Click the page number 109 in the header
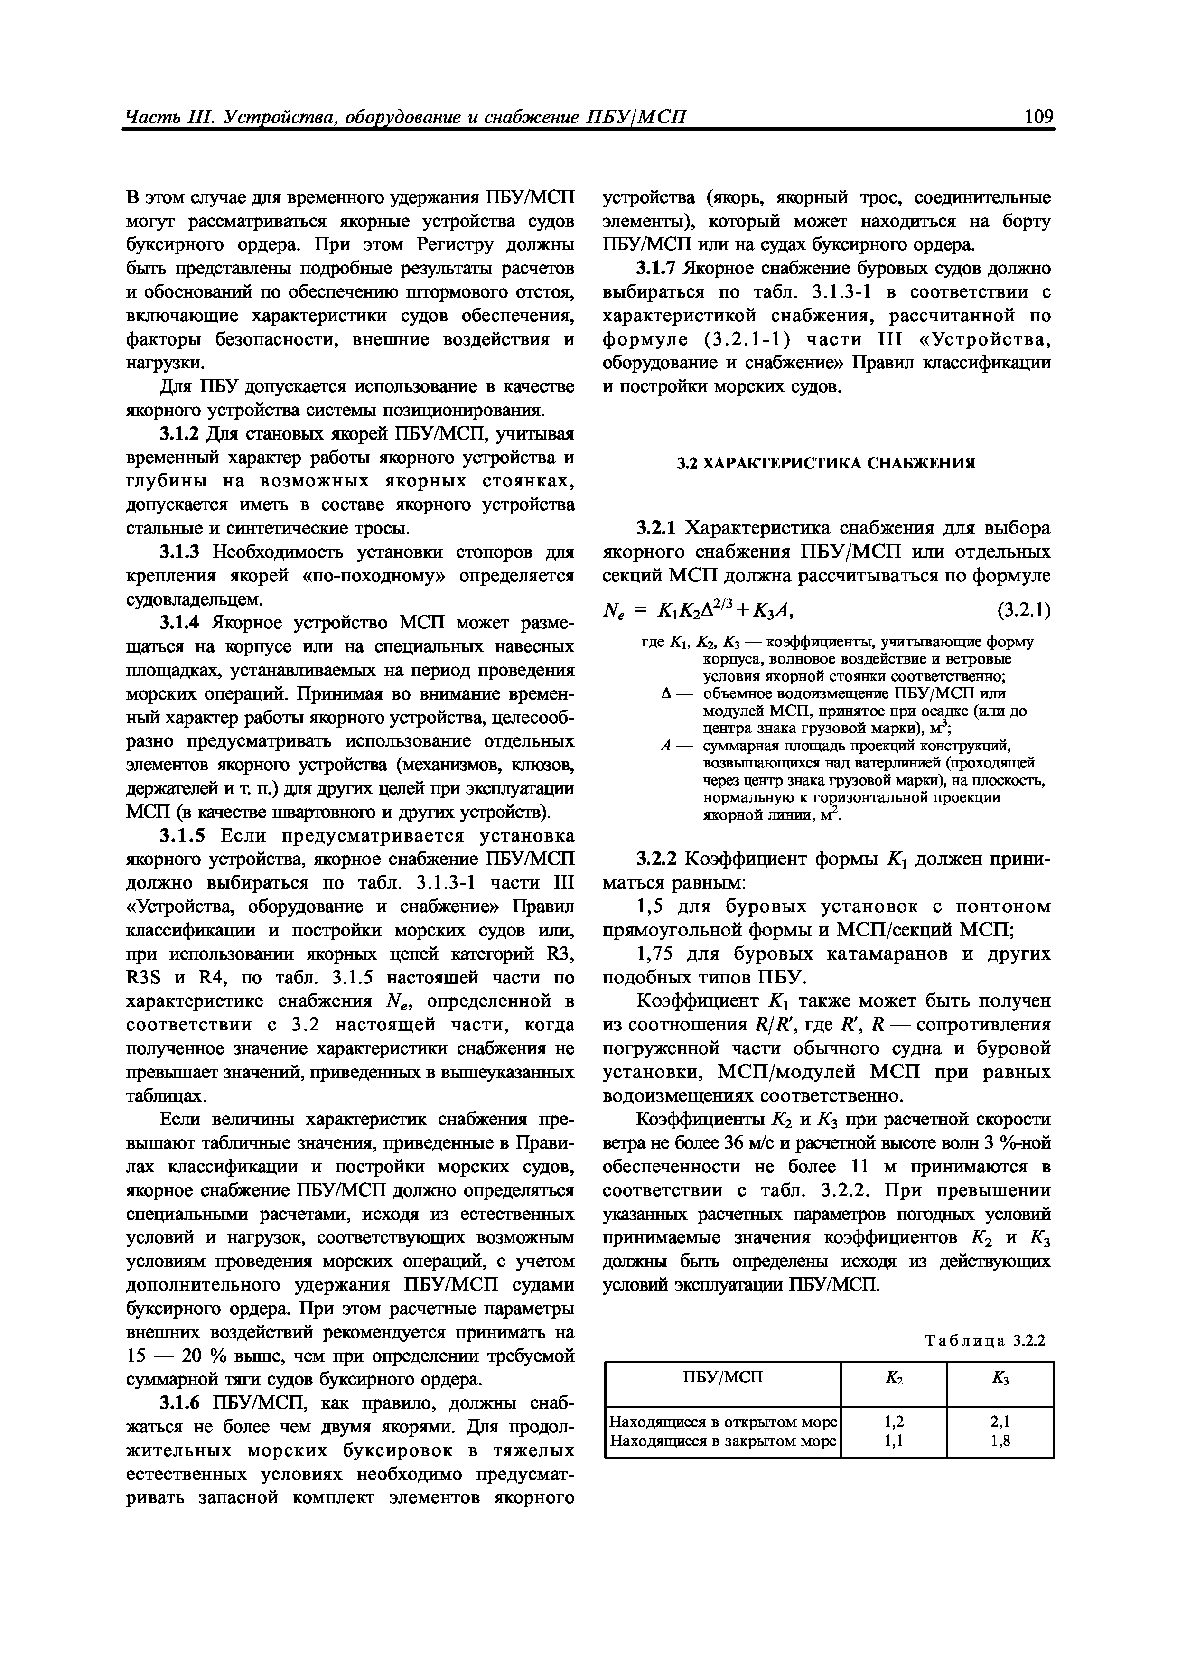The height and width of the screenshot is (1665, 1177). (1033, 116)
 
